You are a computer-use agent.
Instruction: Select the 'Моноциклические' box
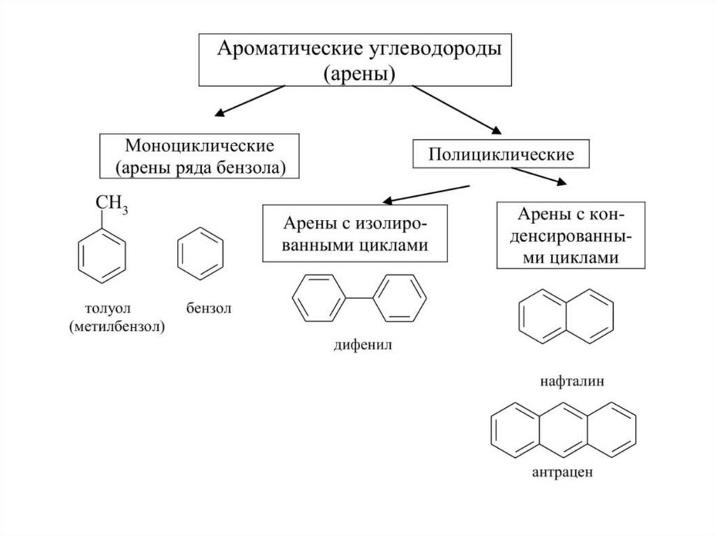tap(199, 156)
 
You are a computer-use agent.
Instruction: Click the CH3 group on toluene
tap(112, 204)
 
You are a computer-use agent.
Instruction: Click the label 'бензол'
tap(208, 308)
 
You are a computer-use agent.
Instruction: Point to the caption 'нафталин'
tap(566, 382)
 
